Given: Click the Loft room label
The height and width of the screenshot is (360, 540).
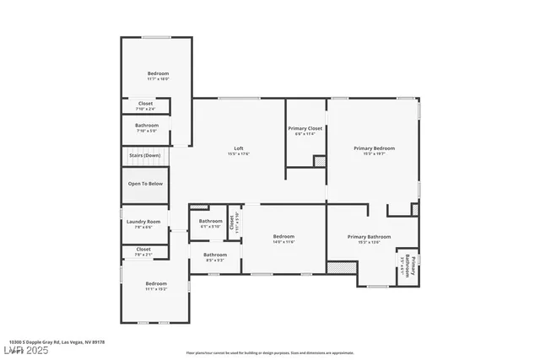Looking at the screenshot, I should [x=239, y=150].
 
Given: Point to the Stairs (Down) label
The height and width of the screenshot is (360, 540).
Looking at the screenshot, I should [x=145, y=156].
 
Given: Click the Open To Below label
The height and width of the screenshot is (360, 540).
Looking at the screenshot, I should [x=145, y=183].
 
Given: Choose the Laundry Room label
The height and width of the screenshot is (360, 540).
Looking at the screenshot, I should [x=143, y=224].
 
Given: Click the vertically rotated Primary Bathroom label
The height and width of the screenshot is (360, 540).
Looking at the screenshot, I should [x=408, y=266].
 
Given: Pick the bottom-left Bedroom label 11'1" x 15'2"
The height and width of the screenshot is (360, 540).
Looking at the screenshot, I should [x=156, y=286].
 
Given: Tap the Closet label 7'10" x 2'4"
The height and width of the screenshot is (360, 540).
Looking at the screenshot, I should [x=145, y=106].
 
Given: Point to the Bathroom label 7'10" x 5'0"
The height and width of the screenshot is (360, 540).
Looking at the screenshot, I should [x=147, y=128].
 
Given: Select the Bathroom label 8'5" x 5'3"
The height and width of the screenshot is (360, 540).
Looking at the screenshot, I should [x=215, y=257].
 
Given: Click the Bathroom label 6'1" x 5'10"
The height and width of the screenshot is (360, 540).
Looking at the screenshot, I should [x=210, y=223].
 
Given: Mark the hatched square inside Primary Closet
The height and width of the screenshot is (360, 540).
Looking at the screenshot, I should [x=320, y=161].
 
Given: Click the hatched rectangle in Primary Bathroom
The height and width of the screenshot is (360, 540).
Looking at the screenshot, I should [x=339, y=266].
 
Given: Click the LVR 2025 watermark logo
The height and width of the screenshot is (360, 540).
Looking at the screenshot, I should [x=26, y=350].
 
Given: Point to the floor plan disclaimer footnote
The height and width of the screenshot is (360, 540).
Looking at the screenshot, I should [x=270, y=352].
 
